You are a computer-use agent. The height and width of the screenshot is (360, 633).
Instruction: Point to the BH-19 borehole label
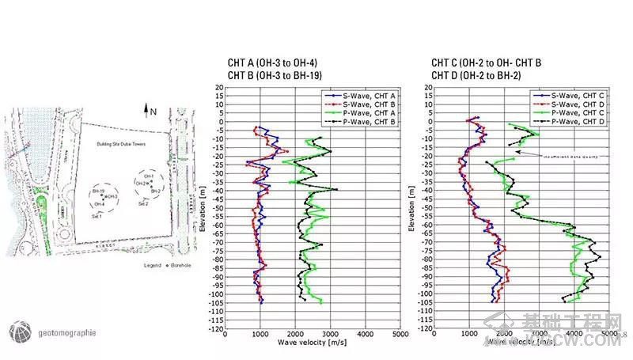click(x=98, y=191)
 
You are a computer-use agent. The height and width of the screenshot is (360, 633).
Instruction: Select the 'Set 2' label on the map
click(x=143, y=203)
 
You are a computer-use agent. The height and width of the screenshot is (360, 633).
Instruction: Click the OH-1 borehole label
click(x=149, y=176)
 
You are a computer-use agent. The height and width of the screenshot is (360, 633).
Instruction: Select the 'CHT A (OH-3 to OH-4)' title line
click(x=272, y=63)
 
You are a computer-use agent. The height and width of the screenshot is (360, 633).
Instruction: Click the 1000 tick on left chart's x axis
click(x=260, y=335)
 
